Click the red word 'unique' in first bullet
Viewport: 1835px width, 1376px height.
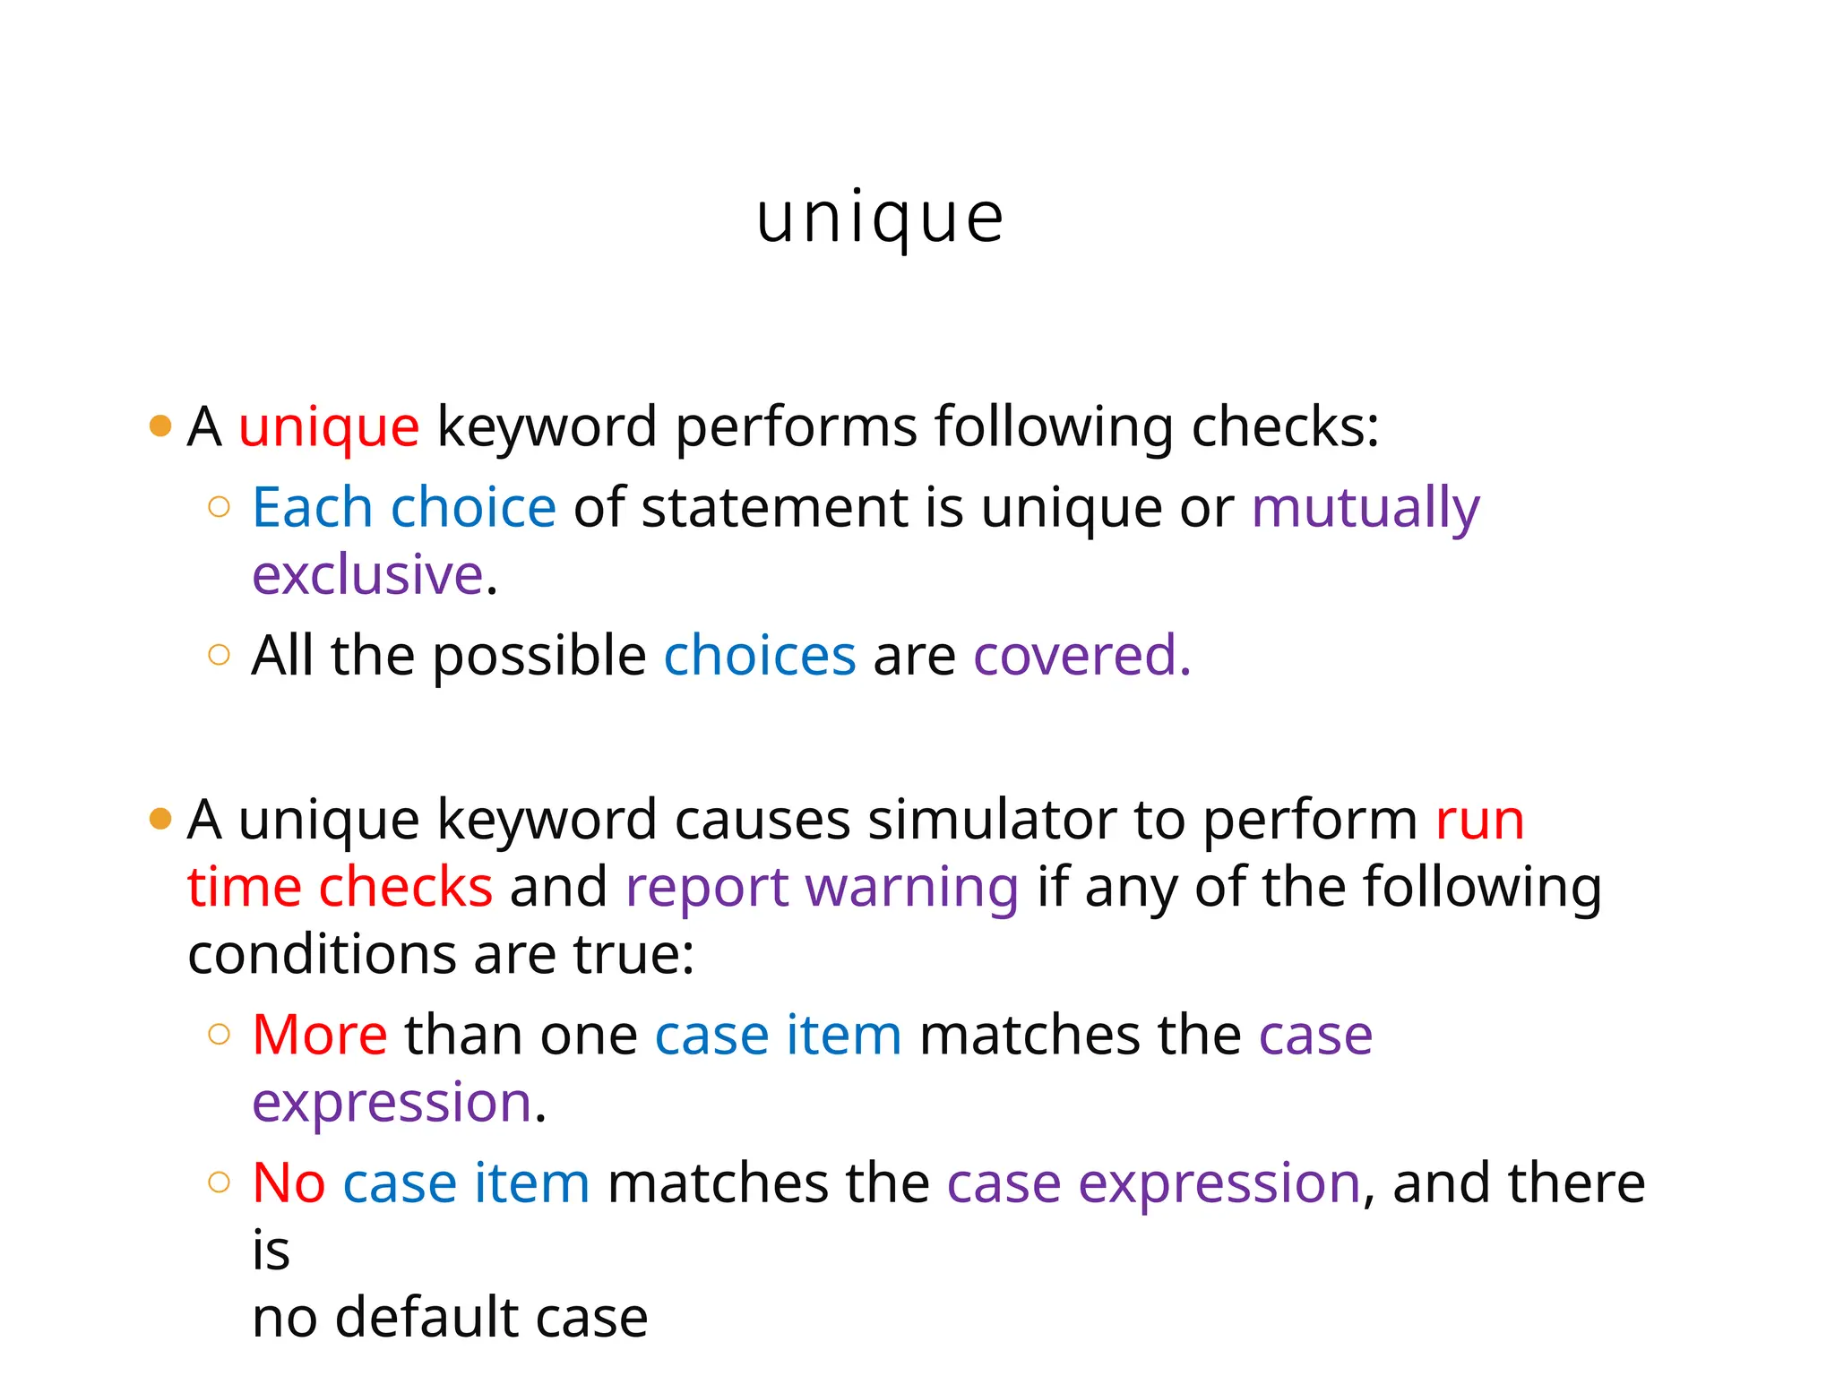click(329, 426)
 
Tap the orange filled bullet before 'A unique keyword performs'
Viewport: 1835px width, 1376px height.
click(160, 426)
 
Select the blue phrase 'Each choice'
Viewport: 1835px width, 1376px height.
click(404, 508)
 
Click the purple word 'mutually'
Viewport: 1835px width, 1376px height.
click(1365, 508)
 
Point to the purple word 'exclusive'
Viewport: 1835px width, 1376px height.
click(367, 575)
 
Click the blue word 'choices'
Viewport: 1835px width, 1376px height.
click(760, 656)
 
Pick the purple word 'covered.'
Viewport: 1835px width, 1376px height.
click(1081, 656)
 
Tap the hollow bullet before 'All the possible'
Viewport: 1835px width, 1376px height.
click(219, 655)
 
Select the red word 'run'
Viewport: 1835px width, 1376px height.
click(1479, 820)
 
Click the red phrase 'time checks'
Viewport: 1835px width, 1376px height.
click(340, 887)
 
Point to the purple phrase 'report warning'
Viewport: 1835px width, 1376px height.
click(822, 887)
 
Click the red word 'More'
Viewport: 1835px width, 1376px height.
click(320, 1035)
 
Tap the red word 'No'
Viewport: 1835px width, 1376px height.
click(289, 1182)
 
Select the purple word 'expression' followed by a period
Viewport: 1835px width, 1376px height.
click(392, 1102)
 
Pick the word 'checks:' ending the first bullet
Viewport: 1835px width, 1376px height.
click(1285, 426)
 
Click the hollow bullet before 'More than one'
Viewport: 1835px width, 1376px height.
click(219, 1035)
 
